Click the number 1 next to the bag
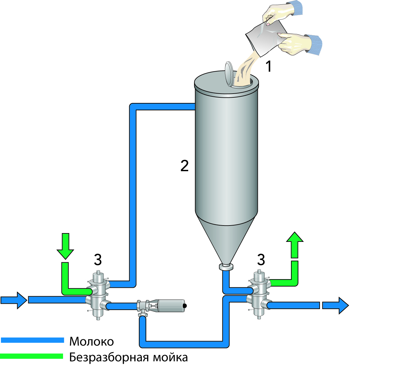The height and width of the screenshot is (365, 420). pyautogui.click(x=268, y=67)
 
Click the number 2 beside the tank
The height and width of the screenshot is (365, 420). pyautogui.click(x=184, y=166)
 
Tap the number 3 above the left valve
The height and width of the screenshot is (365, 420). pyautogui.click(x=98, y=260)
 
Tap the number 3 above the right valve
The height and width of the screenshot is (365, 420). pyautogui.click(x=261, y=260)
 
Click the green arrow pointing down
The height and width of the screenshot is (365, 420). pyautogui.click(x=65, y=247)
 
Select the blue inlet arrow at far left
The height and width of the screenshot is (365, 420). pyautogui.click(x=14, y=300)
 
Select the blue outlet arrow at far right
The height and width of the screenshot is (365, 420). pyautogui.click(x=335, y=305)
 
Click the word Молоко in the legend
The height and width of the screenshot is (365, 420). pyautogui.click(x=92, y=341)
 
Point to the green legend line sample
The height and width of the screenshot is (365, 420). pyautogui.click(x=31, y=356)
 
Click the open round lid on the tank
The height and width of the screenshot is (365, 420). pyautogui.click(x=229, y=74)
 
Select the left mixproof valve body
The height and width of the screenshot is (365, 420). pyautogui.click(x=98, y=295)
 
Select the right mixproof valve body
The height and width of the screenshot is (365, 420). pyautogui.click(x=259, y=295)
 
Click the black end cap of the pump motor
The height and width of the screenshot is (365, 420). pyautogui.click(x=185, y=306)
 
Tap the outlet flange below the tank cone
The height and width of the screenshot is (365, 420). pyautogui.click(x=226, y=267)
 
